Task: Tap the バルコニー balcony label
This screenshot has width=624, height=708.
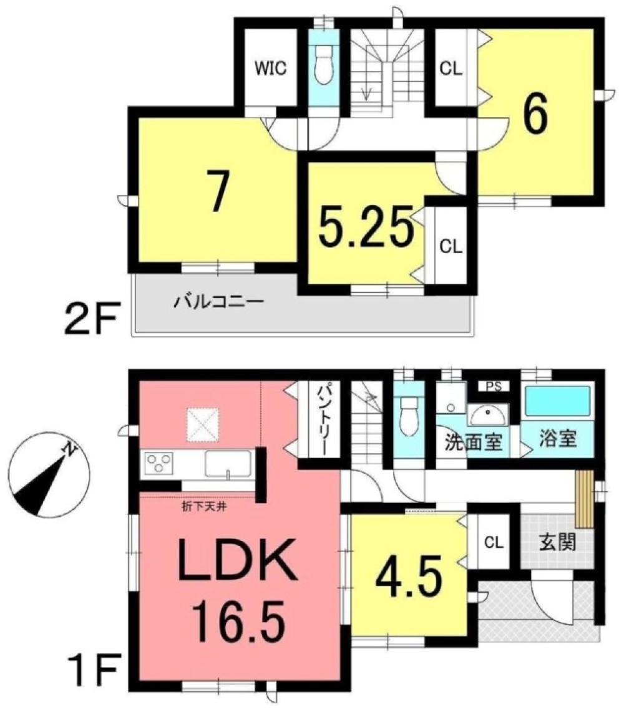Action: pos(219,304)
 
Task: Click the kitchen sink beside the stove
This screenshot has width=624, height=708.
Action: pos(228,464)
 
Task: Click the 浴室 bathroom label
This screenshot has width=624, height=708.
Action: pos(557,438)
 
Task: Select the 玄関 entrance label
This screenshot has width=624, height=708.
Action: pos(557,542)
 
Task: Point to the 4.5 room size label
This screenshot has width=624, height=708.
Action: pos(409,578)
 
